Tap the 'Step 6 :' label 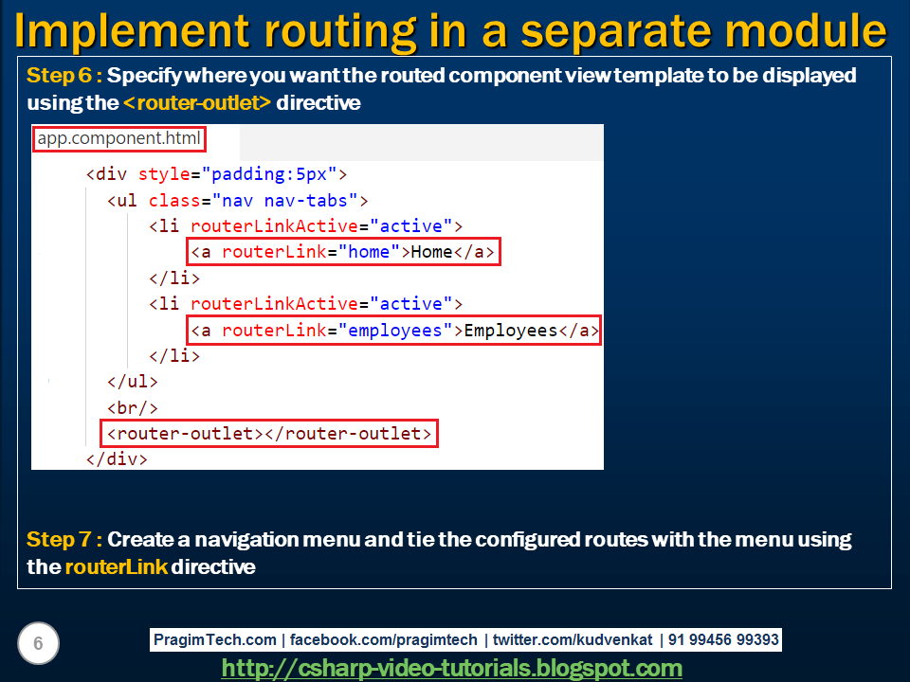click(x=64, y=76)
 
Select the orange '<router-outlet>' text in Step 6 click(x=197, y=103)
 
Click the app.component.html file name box click(x=119, y=139)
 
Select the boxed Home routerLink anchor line click(x=342, y=252)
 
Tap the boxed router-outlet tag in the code click(x=269, y=434)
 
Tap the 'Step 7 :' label click(x=64, y=540)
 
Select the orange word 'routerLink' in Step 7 click(x=116, y=567)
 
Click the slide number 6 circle click(x=38, y=644)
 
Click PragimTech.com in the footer click(x=215, y=640)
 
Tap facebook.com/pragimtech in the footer click(x=386, y=640)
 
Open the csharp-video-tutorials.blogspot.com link click(x=451, y=668)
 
